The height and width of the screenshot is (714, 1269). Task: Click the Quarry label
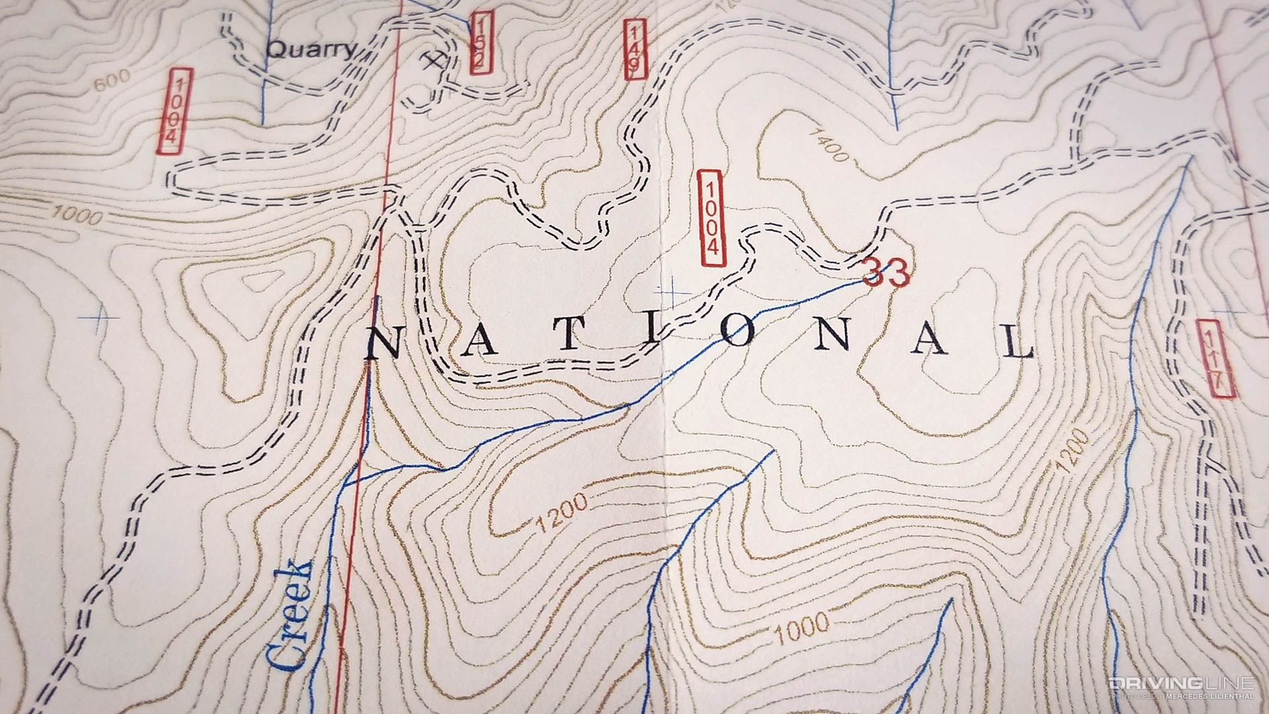click(311, 49)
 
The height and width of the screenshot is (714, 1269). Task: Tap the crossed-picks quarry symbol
click(434, 61)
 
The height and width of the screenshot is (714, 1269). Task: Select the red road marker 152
click(481, 43)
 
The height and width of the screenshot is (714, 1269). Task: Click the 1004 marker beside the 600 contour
click(174, 111)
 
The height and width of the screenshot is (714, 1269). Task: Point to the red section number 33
click(886, 273)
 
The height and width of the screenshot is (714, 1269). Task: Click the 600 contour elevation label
click(110, 83)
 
